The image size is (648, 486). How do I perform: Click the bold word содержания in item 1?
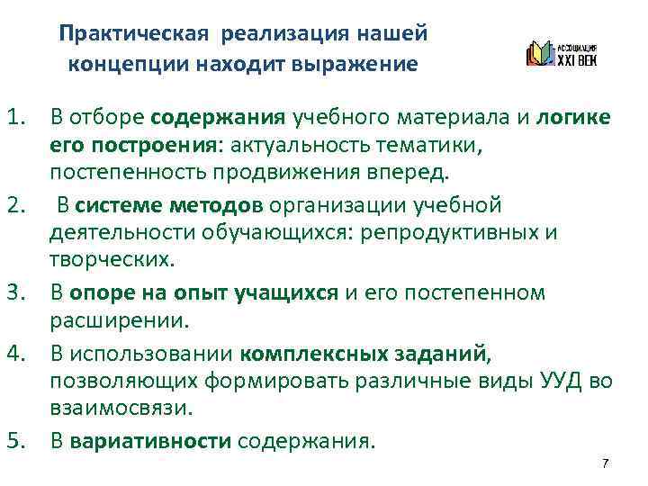(x=218, y=117)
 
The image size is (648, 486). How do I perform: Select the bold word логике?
(x=574, y=117)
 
